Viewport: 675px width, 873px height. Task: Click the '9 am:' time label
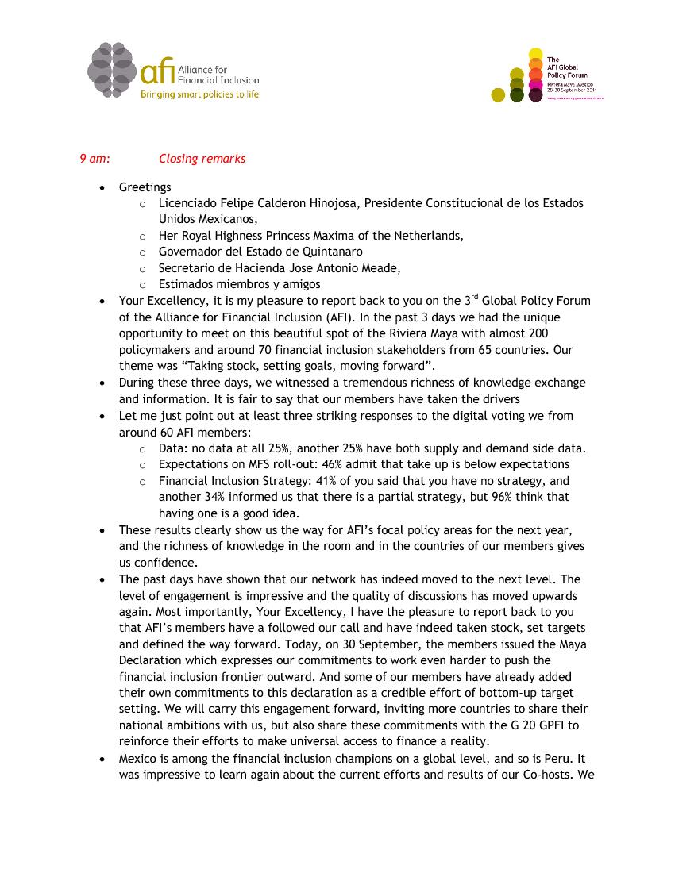(x=94, y=159)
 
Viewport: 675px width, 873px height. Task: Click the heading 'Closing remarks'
(x=202, y=159)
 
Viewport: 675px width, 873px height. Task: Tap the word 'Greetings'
(x=145, y=187)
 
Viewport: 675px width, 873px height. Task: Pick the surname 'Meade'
(x=380, y=268)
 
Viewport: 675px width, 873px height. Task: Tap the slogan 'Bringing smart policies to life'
(x=199, y=94)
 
